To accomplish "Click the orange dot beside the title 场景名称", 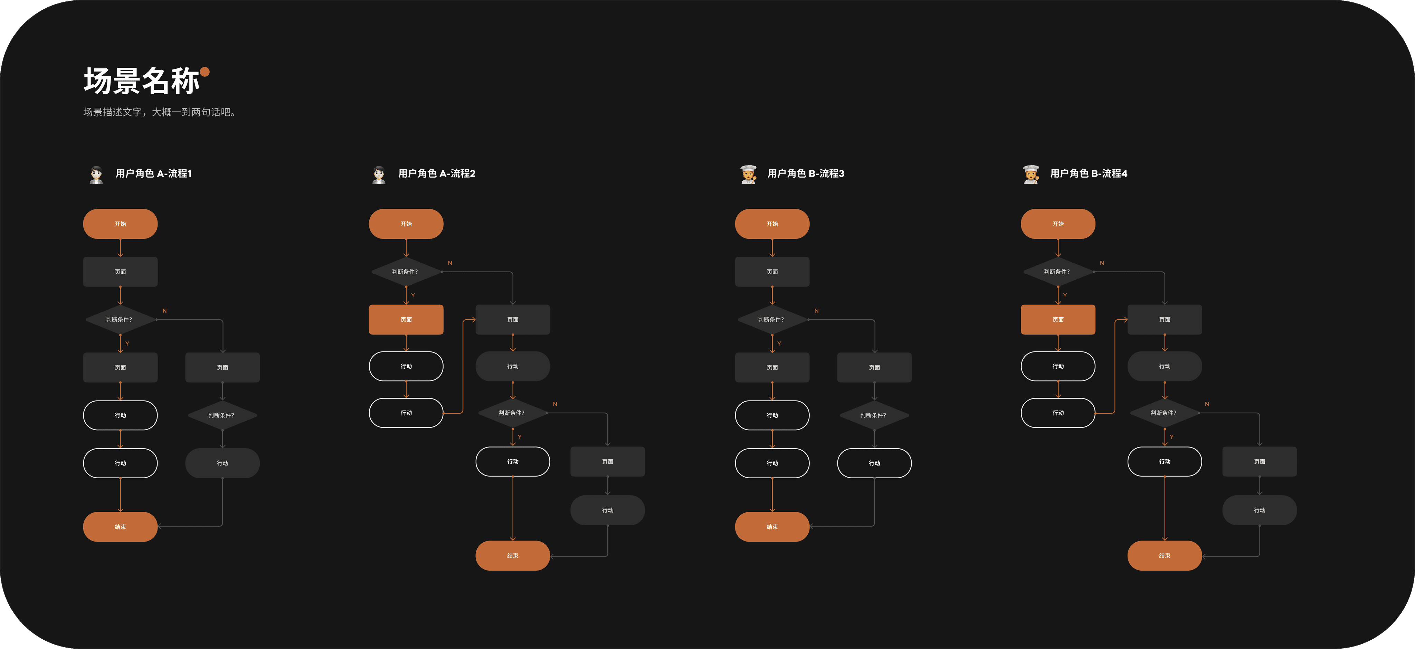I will [205, 72].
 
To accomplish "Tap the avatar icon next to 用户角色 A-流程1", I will [96, 174].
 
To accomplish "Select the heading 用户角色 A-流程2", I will [437, 173].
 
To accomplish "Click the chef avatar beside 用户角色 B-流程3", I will [748, 174].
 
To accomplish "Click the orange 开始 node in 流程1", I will [120, 224].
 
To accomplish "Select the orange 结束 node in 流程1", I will [120, 526].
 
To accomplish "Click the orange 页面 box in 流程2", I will [406, 319].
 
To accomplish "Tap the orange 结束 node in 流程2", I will [513, 556].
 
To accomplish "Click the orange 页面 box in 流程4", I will [1057, 319].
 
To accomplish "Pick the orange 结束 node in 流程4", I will [1165, 556].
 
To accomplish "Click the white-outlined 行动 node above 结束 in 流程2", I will [513, 462].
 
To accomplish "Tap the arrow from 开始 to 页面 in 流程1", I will [120, 248].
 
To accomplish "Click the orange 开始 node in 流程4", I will [1057, 224].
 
